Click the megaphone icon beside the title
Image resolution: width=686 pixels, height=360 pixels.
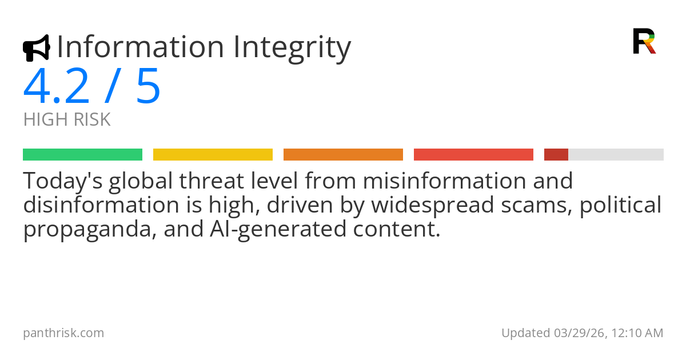[x=37, y=48]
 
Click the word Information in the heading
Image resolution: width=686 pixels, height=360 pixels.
[x=141, y=47]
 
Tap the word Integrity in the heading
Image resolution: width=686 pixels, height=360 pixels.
[x=292, y=49]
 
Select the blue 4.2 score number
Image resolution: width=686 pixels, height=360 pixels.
[x=57, y=86]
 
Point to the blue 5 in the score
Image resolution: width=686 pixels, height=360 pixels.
[x=148, y=86]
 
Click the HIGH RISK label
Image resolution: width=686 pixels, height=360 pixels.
[x=67, y=119]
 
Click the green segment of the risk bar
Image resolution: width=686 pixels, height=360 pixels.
[x=83, y=155]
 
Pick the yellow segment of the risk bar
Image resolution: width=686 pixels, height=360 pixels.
[x=213, y=155]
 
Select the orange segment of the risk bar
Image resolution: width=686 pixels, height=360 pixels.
[x=344, y=155]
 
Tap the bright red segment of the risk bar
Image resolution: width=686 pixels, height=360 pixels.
[x=473, y=155]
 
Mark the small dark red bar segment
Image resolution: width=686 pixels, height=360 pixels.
[x=556, y=155]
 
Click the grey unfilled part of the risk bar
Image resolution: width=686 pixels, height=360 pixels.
[x=616, y=155]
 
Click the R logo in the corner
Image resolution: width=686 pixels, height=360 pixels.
[x=644, y=41]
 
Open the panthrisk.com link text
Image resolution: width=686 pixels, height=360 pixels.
[x=63, y=333]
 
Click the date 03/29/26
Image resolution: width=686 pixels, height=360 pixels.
[x=580, y=333]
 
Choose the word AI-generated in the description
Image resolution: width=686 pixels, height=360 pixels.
[x=278, y=230]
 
